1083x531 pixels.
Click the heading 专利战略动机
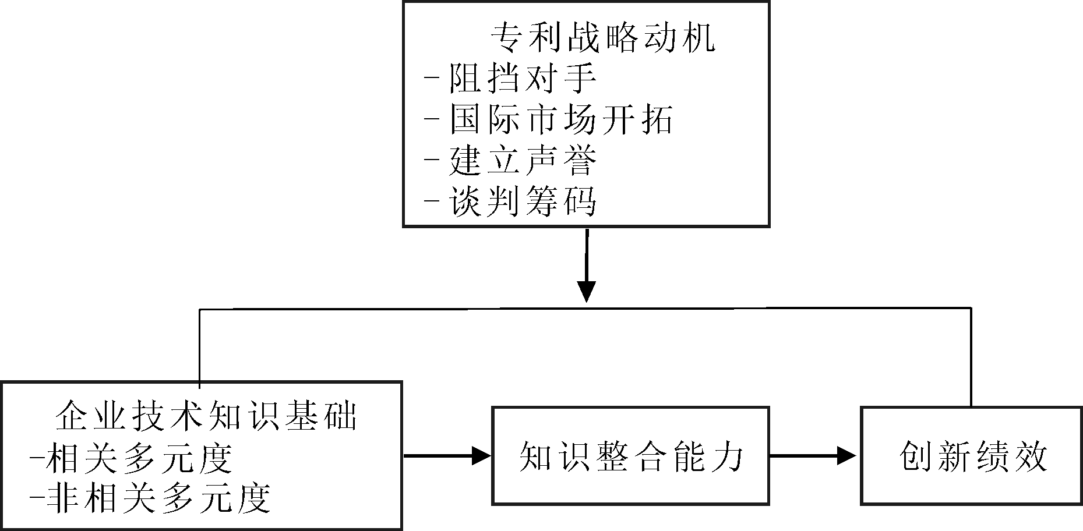pos(603,38)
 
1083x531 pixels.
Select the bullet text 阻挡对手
pos(523,78)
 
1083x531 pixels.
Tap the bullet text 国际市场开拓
pos(561,119)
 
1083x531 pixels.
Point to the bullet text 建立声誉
pos(523,161)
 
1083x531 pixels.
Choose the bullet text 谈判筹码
pos(523,202)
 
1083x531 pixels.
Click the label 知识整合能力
pos(631,456)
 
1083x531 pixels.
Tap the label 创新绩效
pos(973,456)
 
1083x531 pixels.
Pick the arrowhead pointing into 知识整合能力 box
pos(481,455)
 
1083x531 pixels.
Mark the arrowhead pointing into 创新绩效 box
pos(848,455)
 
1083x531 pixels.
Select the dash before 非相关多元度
pos(37,498)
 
